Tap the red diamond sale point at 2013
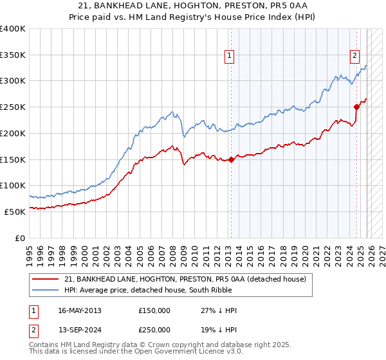pyautogui.click(x=231, y=160)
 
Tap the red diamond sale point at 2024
pyautogui.click(x=356, y=107)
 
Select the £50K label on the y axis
pyautogui.click(x=15, y=212)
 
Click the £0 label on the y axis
pyautogui.click(x=20, y=238)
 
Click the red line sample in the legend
pyautogui.click(x=46, y=278)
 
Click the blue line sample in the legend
pyautogui.click(x=46, y=289)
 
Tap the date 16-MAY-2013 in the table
pyautogui.click(x=79, y=310)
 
